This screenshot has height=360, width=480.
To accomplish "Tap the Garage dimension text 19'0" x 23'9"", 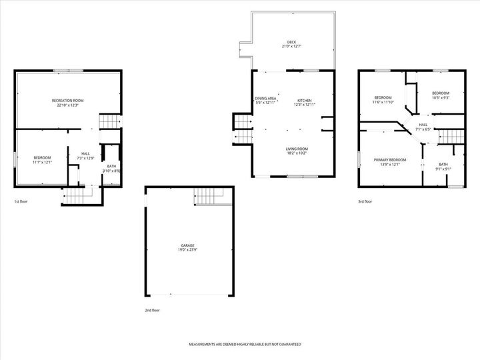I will click(x=187, y=250).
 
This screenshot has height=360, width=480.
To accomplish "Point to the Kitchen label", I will click(x=304, y=99).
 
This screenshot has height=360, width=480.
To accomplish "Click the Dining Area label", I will click(x=265, y=99).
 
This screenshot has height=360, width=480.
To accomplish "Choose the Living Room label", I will click(x=297, y=149).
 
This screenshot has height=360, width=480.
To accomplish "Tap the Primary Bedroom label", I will click(x=389, y=160).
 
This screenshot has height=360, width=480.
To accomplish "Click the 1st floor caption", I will click(x=21, y=201).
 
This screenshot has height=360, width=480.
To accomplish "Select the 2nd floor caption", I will click(x=152, y=310).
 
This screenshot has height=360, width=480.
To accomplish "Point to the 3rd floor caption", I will click(x=365, y=201).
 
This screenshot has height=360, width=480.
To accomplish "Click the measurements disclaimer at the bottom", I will click(x=245, y=345).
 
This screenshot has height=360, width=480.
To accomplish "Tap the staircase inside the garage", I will click(x=205, y=196).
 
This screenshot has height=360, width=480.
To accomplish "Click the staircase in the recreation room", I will click(x=109, y=121).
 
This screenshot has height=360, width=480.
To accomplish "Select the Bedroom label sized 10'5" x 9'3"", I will click(x=440, y=93).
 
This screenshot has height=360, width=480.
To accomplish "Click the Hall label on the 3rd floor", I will click(x=423, y=124).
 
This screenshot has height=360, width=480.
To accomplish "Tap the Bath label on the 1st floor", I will click(x=111, y=167).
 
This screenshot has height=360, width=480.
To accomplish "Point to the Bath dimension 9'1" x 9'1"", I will click(x=443, y=169).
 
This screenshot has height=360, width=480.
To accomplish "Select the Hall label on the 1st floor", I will click(x=86, y=153).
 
